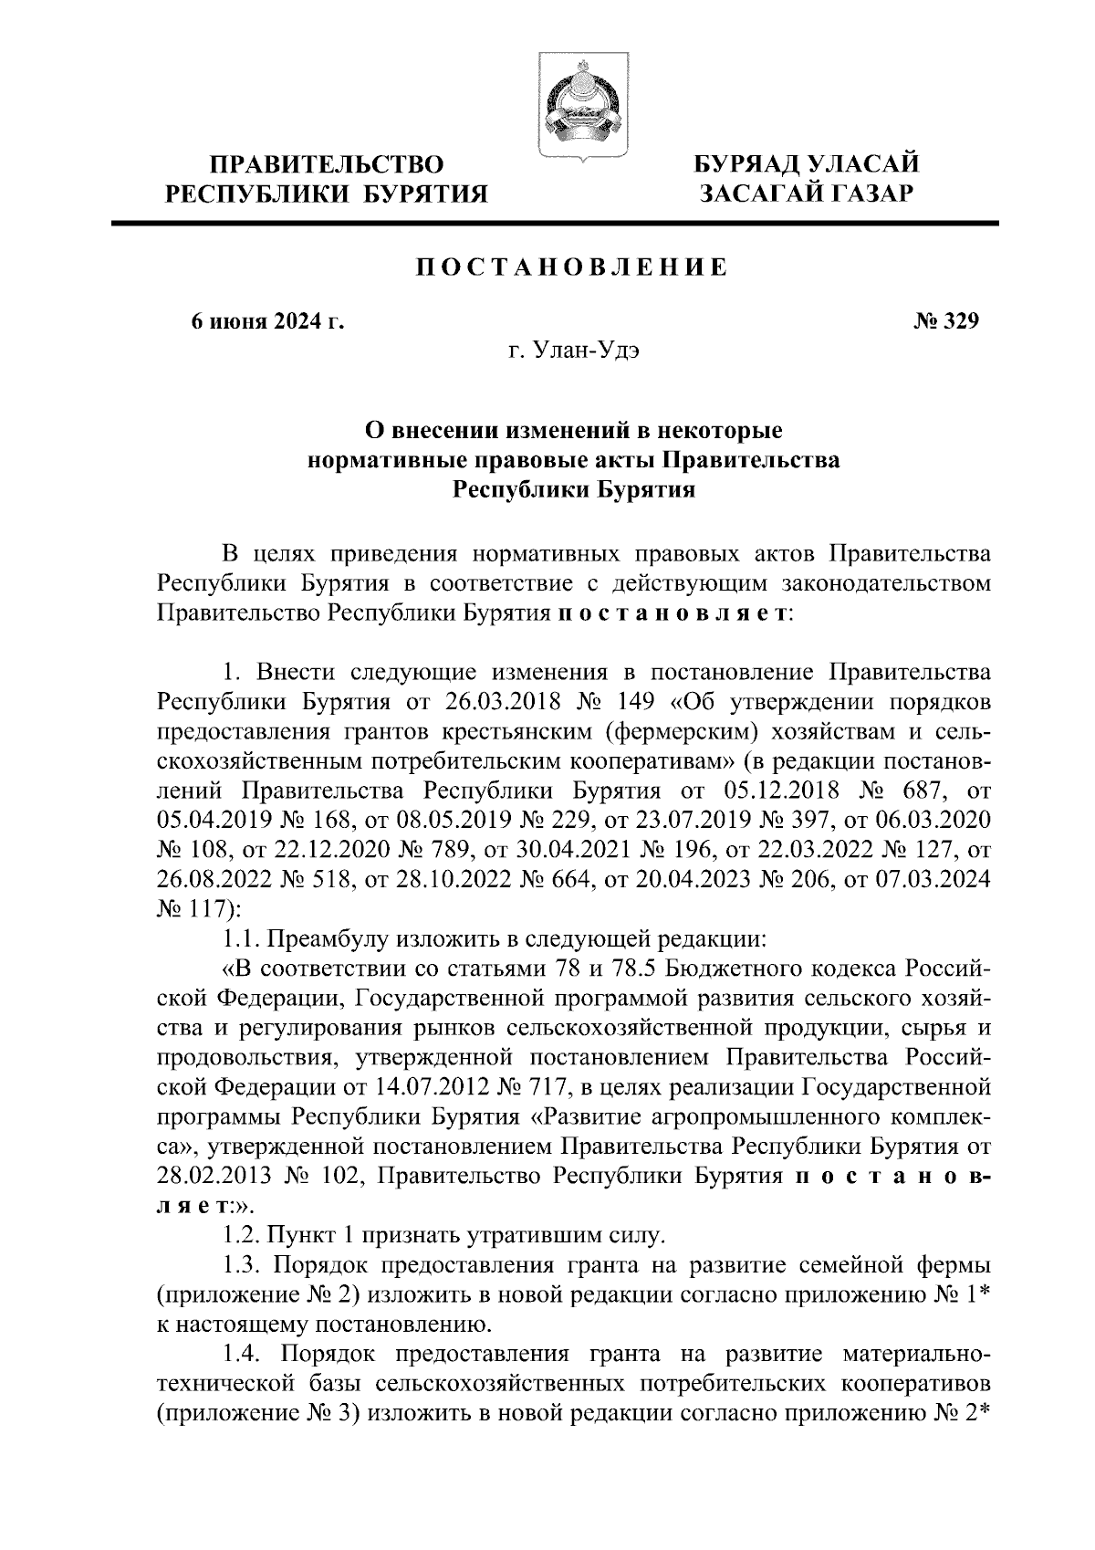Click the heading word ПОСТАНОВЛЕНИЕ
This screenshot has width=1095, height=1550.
572,267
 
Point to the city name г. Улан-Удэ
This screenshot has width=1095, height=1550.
573,350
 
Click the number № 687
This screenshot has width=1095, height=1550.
913,791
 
